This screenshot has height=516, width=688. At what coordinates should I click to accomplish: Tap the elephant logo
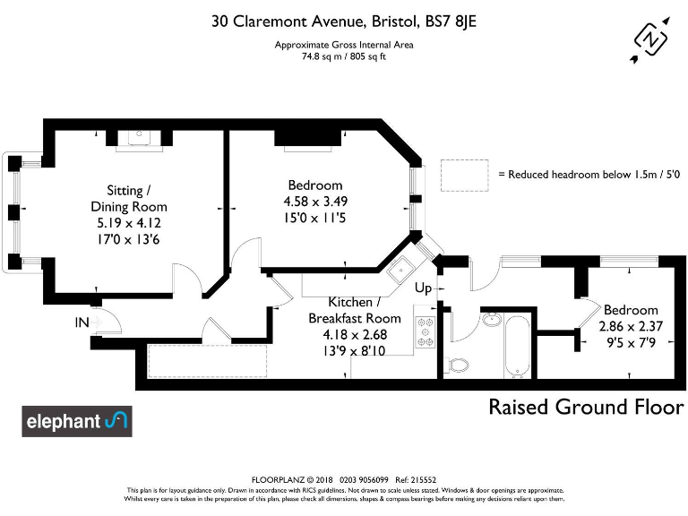pyautogui.click(x=77, y=421)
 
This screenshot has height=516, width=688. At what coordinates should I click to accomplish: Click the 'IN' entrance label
pyautogui.click(x=82, y=322)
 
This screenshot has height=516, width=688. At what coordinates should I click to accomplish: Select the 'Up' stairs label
pyautogui.click(x=424, y=289)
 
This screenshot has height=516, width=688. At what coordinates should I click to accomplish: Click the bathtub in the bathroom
pyautogui.click(x=517, y=345)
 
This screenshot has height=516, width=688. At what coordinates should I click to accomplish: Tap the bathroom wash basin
pyautogui.click(x=492, y=320)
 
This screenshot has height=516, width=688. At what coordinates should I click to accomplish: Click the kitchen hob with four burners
pyautogui.click(x=425, y=331)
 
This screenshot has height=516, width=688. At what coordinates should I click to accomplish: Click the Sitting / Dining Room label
pyautogui.click(x=136, y=198)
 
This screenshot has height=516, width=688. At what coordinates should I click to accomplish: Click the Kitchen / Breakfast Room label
pyautogui.click(x=355, y=310)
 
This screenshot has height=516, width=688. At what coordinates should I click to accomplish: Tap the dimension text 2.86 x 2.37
pyautogui.click(x=631, y=326)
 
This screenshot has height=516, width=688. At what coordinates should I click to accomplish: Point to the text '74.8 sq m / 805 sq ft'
pyautogui.click(x=344, y=55)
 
